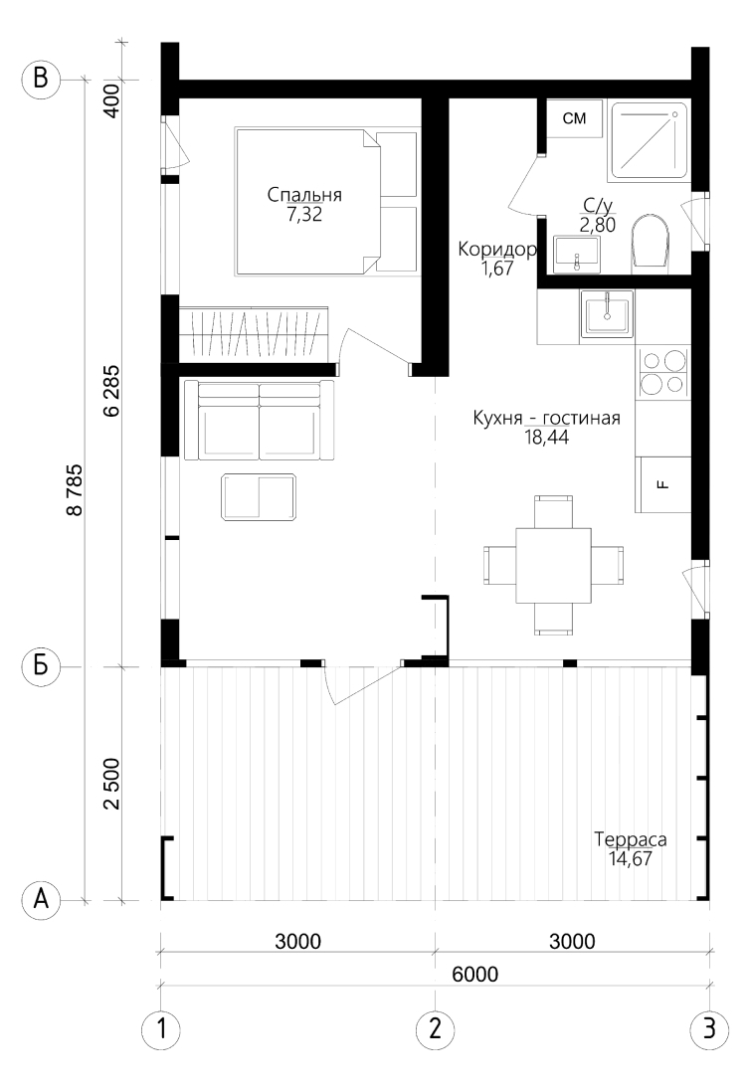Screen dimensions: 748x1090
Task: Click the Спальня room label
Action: [x=304, y=195]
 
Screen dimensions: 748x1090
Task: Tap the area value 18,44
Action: [x=547, y=438]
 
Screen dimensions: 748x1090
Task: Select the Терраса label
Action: [x=631, y=839]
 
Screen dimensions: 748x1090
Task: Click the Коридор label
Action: [x=497, y=249]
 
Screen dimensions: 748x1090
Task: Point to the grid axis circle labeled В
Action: [x=41, y=78]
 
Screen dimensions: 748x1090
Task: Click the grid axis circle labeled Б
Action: [x=41, y=666]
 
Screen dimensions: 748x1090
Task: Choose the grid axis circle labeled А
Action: [x=41, y=899]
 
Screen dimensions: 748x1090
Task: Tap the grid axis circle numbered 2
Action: [x=436, y=1028]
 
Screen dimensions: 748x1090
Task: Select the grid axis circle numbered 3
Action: [x=709, y=1028]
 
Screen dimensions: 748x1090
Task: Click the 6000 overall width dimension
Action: [x=474, y=974]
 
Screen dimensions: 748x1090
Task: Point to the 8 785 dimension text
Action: [x=74, y=489]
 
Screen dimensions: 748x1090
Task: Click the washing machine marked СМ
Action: [x=574, y=118]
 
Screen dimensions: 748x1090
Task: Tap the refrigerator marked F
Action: [x=663, y=484]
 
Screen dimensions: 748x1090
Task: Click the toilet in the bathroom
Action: [x=651, y=244]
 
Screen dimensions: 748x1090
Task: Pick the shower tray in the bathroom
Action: [x=649, y=140]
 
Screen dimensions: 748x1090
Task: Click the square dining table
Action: [x=553, y=565]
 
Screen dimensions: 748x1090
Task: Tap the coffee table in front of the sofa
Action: [x=260, y=496]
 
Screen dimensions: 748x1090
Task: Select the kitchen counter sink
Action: [x=607, y=316]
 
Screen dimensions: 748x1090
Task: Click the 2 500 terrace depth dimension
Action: [x=112, y=784]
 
